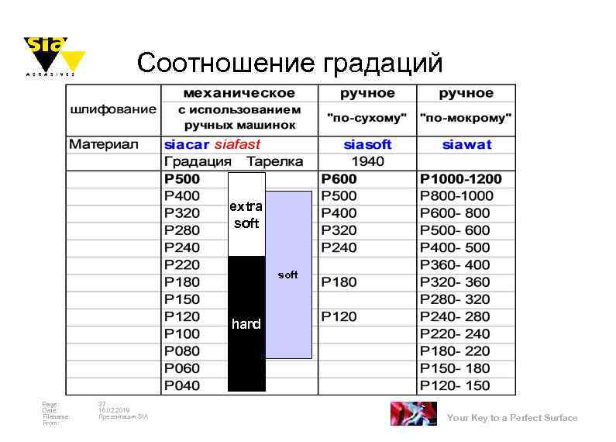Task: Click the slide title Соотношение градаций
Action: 290,62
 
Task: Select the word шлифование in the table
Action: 113,109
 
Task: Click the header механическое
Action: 239,93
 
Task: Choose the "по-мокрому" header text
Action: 466,119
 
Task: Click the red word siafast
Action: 237,144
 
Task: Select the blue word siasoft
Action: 367,144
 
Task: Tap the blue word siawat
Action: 466,144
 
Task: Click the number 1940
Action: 367,161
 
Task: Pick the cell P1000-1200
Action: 460,179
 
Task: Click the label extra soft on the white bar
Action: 246,215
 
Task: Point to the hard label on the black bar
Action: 246,324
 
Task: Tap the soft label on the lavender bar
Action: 287,275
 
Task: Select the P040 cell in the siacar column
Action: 181,385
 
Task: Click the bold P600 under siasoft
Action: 339,179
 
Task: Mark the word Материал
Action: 103,144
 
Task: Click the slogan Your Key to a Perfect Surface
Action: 512,418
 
